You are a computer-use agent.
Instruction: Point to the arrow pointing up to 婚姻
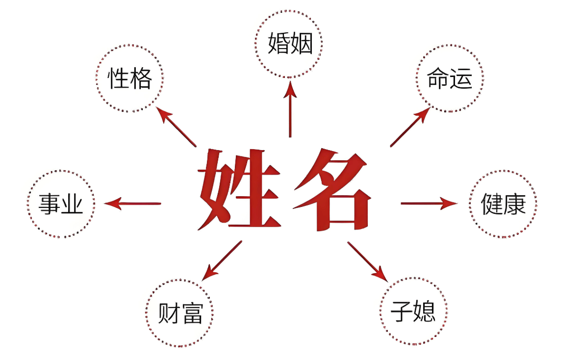pos(290,109)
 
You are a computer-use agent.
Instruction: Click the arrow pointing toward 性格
pos(176,127)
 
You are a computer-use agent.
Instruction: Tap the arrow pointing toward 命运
pos(410,127)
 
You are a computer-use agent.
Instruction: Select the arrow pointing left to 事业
pos(132,204)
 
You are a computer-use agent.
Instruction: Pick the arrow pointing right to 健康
pos(429,204)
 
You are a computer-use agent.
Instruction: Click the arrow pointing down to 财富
pos(222,260)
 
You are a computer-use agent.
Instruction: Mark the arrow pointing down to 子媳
pos(368,261)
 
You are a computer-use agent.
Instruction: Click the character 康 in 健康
pos(515,204)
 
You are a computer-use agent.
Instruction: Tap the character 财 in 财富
pos(168,313)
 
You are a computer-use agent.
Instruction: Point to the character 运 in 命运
pos(461,78)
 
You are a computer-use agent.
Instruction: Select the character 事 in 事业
pos(50,204)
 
